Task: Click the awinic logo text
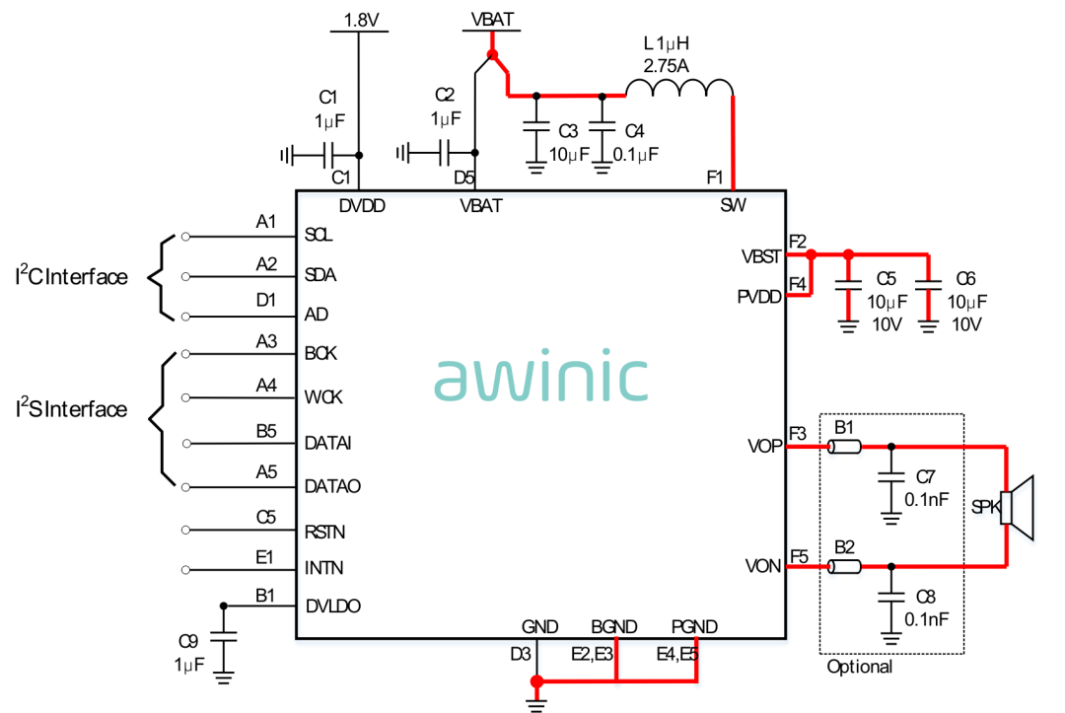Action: (541, 379)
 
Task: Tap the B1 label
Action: (844, 428)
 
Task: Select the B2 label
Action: (844, 547)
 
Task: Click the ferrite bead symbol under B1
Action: (844, 447)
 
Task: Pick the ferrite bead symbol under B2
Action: (844, 567)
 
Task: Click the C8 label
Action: (925, 598)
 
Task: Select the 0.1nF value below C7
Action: (926, 500)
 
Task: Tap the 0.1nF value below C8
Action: (926, 619)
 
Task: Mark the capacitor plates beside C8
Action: (891, 598)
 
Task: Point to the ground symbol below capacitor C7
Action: (891, 517)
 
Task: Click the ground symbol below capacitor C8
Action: (891, 636)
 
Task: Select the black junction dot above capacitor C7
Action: (891, 447)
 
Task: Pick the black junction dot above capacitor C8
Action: (891, 567)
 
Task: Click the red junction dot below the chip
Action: (536, 680)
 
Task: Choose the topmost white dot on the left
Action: (185, 237)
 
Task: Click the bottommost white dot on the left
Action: (185, 570)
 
